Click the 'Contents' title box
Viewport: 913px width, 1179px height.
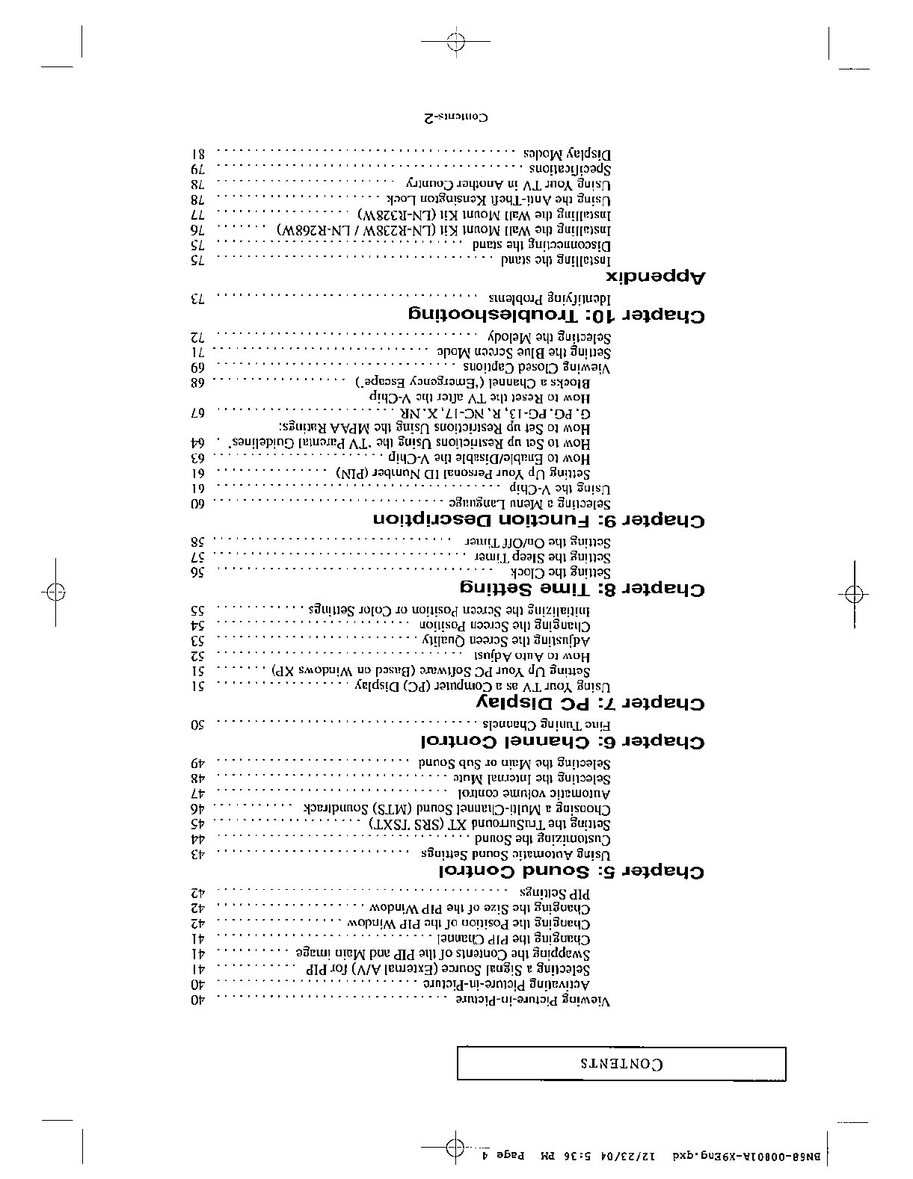point(621,1063)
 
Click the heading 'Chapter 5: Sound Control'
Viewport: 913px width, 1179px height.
point(571,872)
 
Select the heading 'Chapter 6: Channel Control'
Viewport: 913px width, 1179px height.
point(562,742)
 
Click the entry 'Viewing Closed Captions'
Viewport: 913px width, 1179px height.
point(537,368)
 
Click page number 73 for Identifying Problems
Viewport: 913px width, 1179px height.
point(197,299)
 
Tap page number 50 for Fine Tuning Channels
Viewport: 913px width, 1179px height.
point(198,724)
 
